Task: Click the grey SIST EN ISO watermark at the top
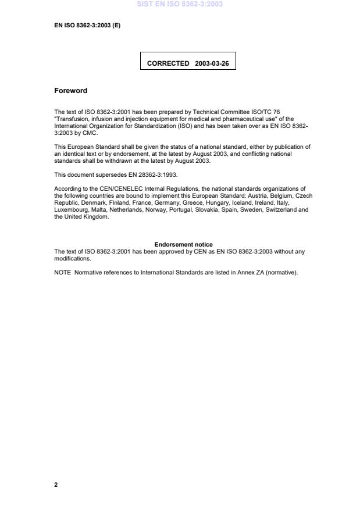pyautogui.click(x=180, y=5)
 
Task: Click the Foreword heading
pyautogui.click(x=70, y=91)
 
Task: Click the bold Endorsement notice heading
pyautogui.click(x=183, y=244)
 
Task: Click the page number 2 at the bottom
pyautogui.click(x=56, y=484)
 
